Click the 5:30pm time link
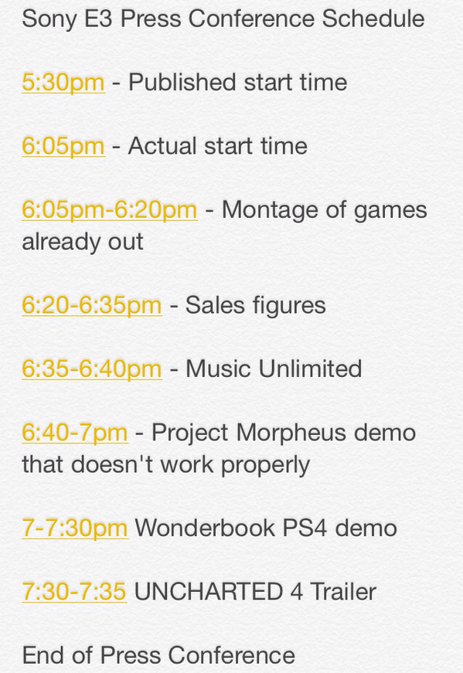tap(63, 83)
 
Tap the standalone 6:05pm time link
tap(63, 146)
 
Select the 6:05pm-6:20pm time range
tap(110, 210)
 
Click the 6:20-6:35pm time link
tap(92, 305)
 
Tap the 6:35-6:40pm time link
tap(92, 369)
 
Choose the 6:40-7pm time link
tap(75, 432)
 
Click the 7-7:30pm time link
tap(75, 528)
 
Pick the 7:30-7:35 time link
tap(74, 591)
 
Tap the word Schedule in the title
tap(373, 19)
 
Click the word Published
tap(182, 83)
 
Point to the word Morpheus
tap(291, 433)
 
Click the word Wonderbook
tap(205, 528)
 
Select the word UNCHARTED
tap(208, 591)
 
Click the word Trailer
tap(343, 591)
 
